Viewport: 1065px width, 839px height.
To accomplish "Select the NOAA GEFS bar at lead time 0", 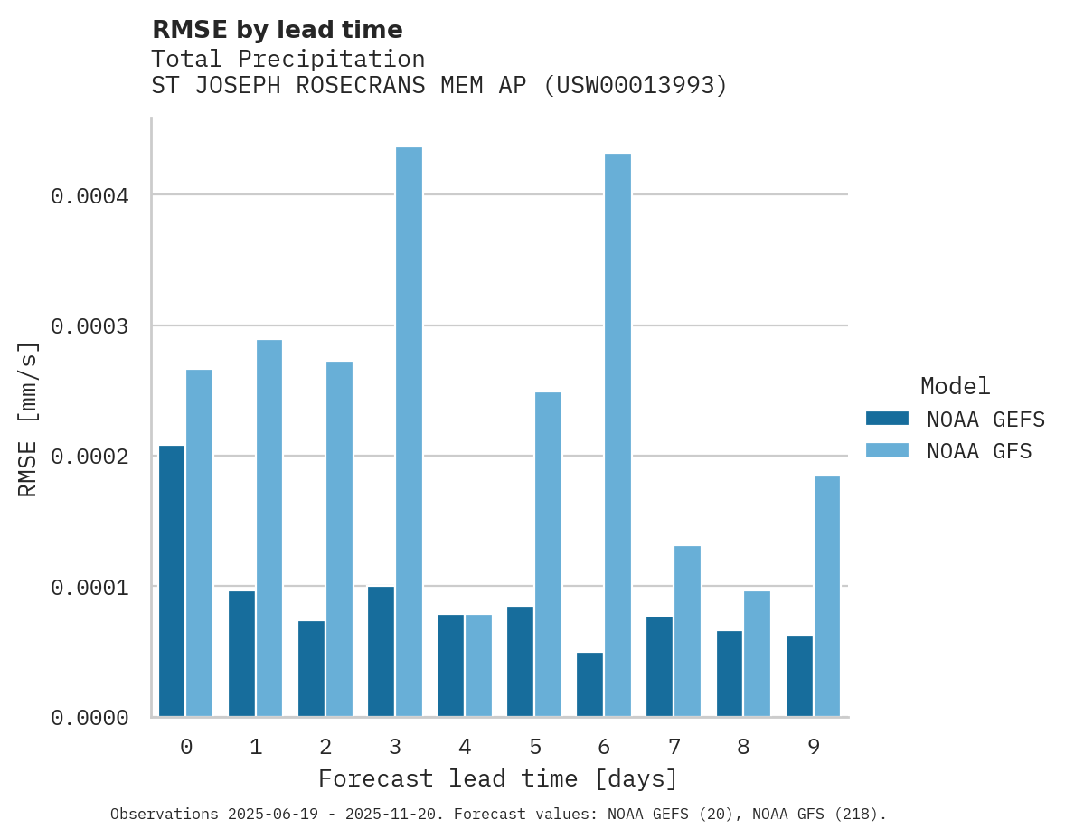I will click(172, 581).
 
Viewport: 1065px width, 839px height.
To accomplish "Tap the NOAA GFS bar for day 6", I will click(617, 435).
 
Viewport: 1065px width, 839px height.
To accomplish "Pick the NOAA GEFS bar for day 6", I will click(589, 684).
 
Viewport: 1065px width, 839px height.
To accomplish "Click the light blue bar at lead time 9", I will click(826, 597).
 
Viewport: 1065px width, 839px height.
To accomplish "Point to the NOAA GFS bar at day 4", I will click(478, 665).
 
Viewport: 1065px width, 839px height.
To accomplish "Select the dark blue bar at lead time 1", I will click(241, 654).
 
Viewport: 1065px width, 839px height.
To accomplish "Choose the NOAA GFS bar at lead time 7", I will click(687, 631).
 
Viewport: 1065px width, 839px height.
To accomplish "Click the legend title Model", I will click(956, 386).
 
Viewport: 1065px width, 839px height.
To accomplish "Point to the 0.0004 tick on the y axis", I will click(90, 195).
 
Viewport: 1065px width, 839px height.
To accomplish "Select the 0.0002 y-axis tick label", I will click(90, 457).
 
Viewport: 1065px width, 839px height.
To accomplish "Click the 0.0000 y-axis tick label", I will click(90, 718).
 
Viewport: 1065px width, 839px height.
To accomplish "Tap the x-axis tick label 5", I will click(534, 747).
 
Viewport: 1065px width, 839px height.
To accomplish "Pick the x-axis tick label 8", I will click(743, 747).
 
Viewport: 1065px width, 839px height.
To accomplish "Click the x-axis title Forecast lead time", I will click(497, 778).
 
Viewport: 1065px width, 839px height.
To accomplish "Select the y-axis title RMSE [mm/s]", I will click(28, 419).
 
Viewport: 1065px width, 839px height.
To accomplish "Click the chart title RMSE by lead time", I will click(277, 30).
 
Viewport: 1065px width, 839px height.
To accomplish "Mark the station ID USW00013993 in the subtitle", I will click(635, 86).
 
